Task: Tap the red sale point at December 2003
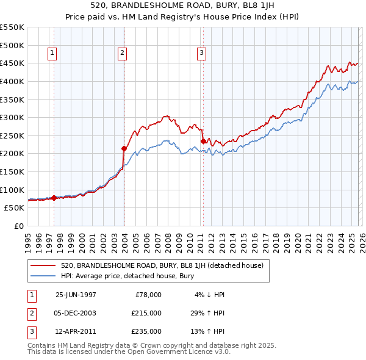point(124,148)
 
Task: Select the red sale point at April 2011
point(203,141)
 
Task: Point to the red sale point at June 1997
point(54,198)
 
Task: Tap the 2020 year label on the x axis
point(297,238)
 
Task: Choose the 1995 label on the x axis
point(28,238)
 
